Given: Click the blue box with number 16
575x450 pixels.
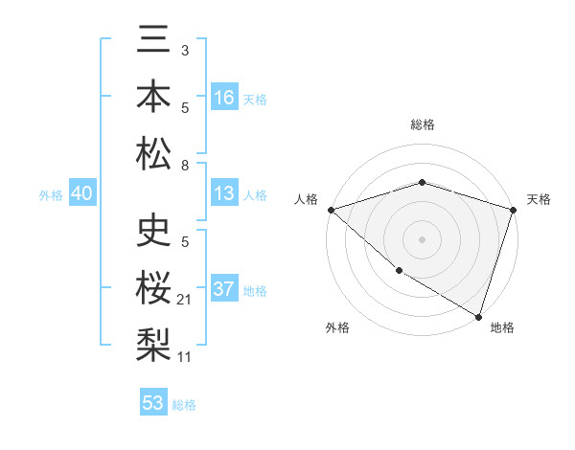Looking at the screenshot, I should pos(224,98).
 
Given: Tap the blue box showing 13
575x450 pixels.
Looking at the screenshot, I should pos(224,193).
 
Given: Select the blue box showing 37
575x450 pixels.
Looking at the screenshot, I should pos(224,289).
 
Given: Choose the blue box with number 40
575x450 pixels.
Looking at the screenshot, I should pos(81,193).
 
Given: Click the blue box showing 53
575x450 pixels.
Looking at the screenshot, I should pos(153,403).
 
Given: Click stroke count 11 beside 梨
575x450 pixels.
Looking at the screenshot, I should pos(186,357).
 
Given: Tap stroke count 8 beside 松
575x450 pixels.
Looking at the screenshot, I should pos(185,166).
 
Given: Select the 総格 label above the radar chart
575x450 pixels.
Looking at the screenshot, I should pos(422,124).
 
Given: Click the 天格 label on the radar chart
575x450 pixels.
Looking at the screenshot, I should pos(539,199).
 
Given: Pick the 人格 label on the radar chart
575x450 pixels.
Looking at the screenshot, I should pos(307,199).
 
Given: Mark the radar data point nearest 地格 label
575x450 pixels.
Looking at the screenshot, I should pos(478,316).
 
